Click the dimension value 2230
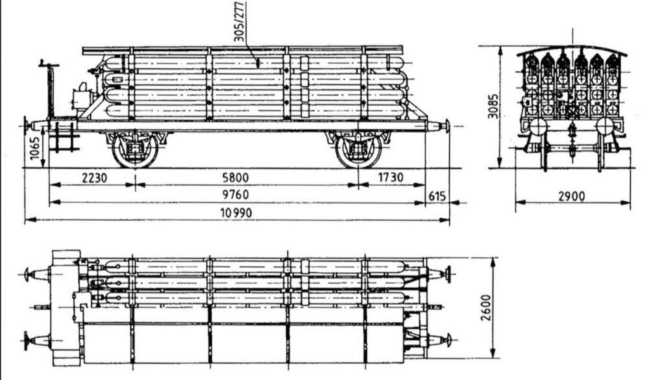[x=94, y=178]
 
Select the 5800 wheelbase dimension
[x=236, y=178]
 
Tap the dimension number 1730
[x=391, y=177]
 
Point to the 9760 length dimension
[x=236, y=194]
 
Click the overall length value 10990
[x=236, y=213]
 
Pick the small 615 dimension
[x=437, y=196]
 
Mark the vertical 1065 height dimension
[x=35, y=148]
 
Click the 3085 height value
[x=493, y=106]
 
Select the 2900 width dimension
[x=572, y=196]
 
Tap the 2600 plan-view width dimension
[x=485, y=307]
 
